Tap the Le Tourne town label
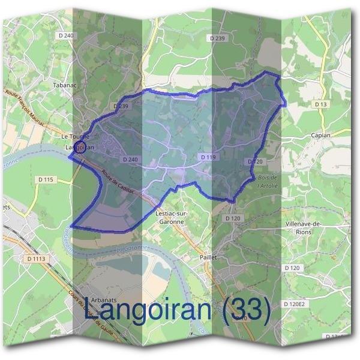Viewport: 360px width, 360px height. (76, 137)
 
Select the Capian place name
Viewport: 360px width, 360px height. (321, 136)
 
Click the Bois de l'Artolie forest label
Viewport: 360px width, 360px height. (266, 181)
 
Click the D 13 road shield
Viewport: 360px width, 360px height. (321, 104)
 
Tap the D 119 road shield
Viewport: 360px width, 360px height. (208, 157)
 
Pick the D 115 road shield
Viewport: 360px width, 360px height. (46, 179)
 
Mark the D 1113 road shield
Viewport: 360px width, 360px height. (37, 259)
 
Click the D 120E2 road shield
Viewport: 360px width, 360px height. (295, 305)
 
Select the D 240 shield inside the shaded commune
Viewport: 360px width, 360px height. (130, 160)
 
